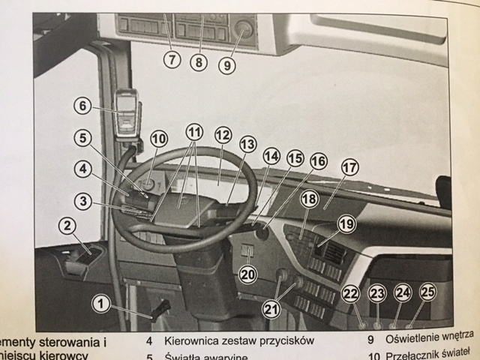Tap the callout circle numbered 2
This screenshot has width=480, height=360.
(67, 225)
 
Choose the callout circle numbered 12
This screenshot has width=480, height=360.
(222, 136)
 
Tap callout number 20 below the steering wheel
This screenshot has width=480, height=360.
(248, 273)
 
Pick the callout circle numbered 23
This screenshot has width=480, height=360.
(376, 294)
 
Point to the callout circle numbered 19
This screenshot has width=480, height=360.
(346, 223)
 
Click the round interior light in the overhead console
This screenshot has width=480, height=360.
(243, 29)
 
